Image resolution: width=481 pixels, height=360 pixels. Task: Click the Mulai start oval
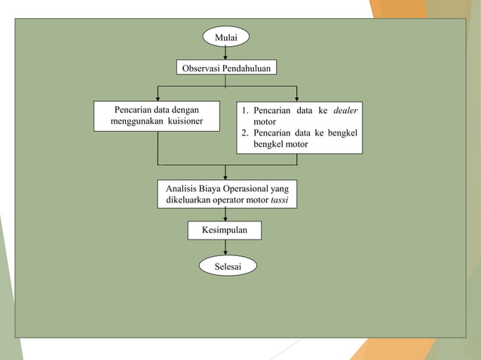225,35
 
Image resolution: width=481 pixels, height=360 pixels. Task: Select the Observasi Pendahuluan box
225,68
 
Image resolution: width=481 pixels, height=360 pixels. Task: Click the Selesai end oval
225,265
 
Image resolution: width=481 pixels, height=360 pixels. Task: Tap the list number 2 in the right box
245,133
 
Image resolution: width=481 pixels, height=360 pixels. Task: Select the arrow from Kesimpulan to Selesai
225,248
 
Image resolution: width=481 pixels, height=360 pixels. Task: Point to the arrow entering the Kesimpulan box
225,215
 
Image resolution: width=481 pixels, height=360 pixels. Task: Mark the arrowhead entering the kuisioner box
158,97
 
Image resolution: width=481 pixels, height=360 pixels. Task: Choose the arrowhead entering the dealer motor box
298,97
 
